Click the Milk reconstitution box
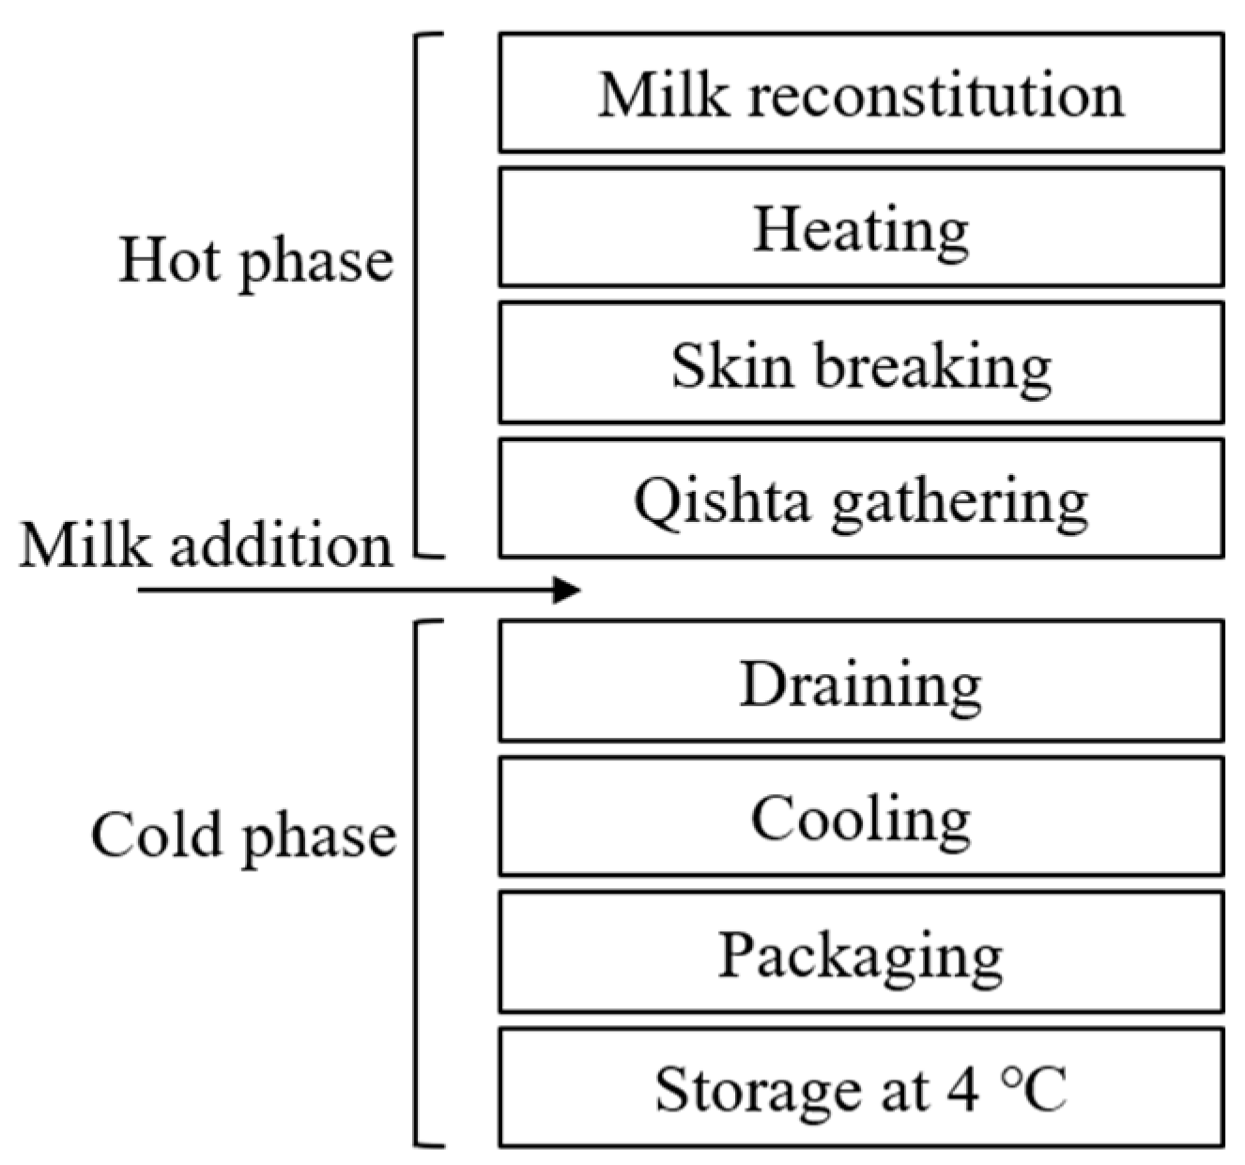point(861,93)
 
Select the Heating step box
point(861,228)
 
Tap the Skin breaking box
point(861,363)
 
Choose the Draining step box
point(861,682)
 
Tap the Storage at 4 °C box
point(861,1088)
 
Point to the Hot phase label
point(255,260)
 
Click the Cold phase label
point(243,835)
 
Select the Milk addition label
point(206,544)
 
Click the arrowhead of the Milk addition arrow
point(567,590)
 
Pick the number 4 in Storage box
point(962,1089)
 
